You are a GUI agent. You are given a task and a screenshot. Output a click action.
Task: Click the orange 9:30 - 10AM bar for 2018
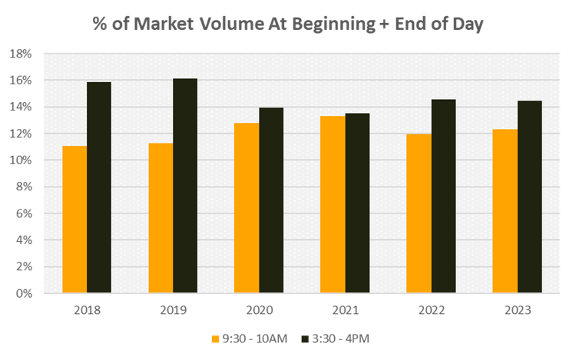(74, 220)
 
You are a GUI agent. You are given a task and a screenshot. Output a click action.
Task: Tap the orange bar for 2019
(161, 218)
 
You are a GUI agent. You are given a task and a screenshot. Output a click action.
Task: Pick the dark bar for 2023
(529, 197)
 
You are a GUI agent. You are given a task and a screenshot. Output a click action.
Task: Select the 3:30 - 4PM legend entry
(333, 338)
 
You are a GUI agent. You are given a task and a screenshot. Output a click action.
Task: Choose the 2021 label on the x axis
(345, 310)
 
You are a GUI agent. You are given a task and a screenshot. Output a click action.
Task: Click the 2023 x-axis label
(517, 310)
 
